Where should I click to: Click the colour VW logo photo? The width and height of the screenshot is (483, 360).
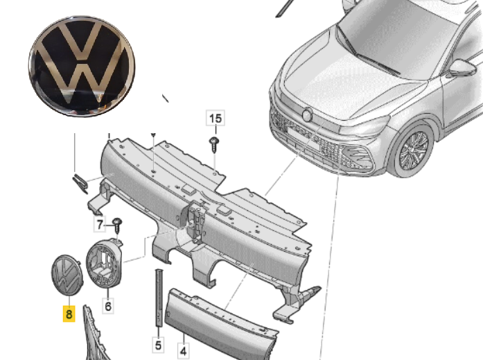(82, 66)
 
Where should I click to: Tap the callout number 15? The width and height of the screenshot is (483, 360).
(216, 119)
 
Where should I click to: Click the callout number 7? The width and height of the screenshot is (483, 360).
(101, 224)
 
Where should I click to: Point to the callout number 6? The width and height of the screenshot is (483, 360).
(108, 305)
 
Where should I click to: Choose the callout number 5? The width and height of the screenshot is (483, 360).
(157, 344)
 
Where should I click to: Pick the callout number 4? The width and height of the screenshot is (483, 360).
(183, 352)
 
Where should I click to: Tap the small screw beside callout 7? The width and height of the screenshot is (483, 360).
(118, 224)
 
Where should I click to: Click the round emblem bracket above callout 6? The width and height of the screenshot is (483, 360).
(105, 265)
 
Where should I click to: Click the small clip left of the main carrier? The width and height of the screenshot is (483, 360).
(79, 182)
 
